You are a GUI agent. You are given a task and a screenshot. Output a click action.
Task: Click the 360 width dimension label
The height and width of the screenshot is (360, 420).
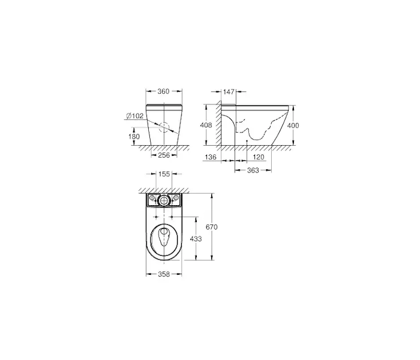click(x=163, y=91)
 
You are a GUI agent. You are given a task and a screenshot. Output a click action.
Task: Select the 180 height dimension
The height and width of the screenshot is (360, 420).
click(x=134, y=137)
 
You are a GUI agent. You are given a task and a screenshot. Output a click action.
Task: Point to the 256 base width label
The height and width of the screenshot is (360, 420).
click(x=164, y=155)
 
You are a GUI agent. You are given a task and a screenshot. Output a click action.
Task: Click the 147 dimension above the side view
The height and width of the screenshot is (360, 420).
click(x=229, y=92)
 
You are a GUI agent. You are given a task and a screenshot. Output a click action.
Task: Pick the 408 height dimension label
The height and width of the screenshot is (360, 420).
click(x=206, y=125)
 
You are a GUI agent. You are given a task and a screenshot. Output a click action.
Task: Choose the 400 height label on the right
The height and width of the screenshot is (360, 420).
click(x=293, y=125)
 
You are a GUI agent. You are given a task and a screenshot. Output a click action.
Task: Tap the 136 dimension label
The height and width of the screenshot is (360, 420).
click(x=210, y=157)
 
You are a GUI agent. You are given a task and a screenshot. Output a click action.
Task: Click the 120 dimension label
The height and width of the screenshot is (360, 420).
click(x=258, y=157)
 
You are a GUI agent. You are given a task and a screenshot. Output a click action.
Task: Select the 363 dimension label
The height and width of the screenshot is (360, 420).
click(x=253, y=170)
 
